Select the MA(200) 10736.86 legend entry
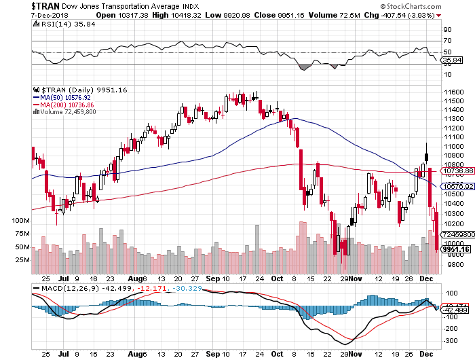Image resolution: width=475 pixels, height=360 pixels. (x=68, y=105)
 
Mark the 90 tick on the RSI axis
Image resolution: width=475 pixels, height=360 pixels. (x=448, y=31)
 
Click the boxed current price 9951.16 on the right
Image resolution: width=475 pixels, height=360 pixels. (x=455, y=249)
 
